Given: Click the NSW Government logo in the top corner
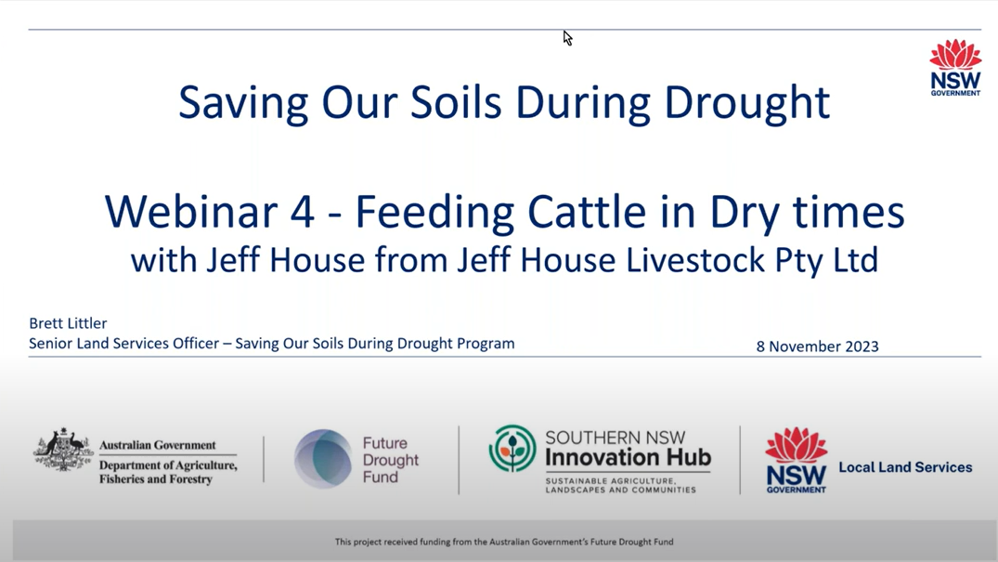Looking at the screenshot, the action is click(x=955, y=68).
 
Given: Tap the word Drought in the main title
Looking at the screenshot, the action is click(x=746, y=102).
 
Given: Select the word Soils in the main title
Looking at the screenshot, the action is click(x=456, y=102).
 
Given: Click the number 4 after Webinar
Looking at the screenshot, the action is click(x=303, y=212).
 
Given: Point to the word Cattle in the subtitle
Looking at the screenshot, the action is click(x=587, y=212).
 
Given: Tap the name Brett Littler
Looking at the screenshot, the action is click(x=68, y=323).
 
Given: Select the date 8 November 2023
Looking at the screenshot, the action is click(x=817, y=346).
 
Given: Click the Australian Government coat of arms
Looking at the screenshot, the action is click(x=63, y=450).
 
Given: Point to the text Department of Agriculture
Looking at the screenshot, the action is click(x=168, y=465).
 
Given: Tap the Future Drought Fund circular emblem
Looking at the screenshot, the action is click(x=323, y=459).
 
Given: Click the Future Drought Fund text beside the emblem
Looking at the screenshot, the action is click(x=391, y=460).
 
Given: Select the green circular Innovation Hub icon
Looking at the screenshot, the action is click(x=512, y=449).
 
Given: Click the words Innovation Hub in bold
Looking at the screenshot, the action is click(x=628, y=458).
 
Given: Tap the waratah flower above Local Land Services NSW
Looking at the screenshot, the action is click(x=797, y=445).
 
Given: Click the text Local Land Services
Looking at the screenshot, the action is click(x=905, y=467).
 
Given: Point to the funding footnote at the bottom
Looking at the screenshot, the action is click(x=504, y=542).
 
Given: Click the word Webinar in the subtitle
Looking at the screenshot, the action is click(x=191, y=212).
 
